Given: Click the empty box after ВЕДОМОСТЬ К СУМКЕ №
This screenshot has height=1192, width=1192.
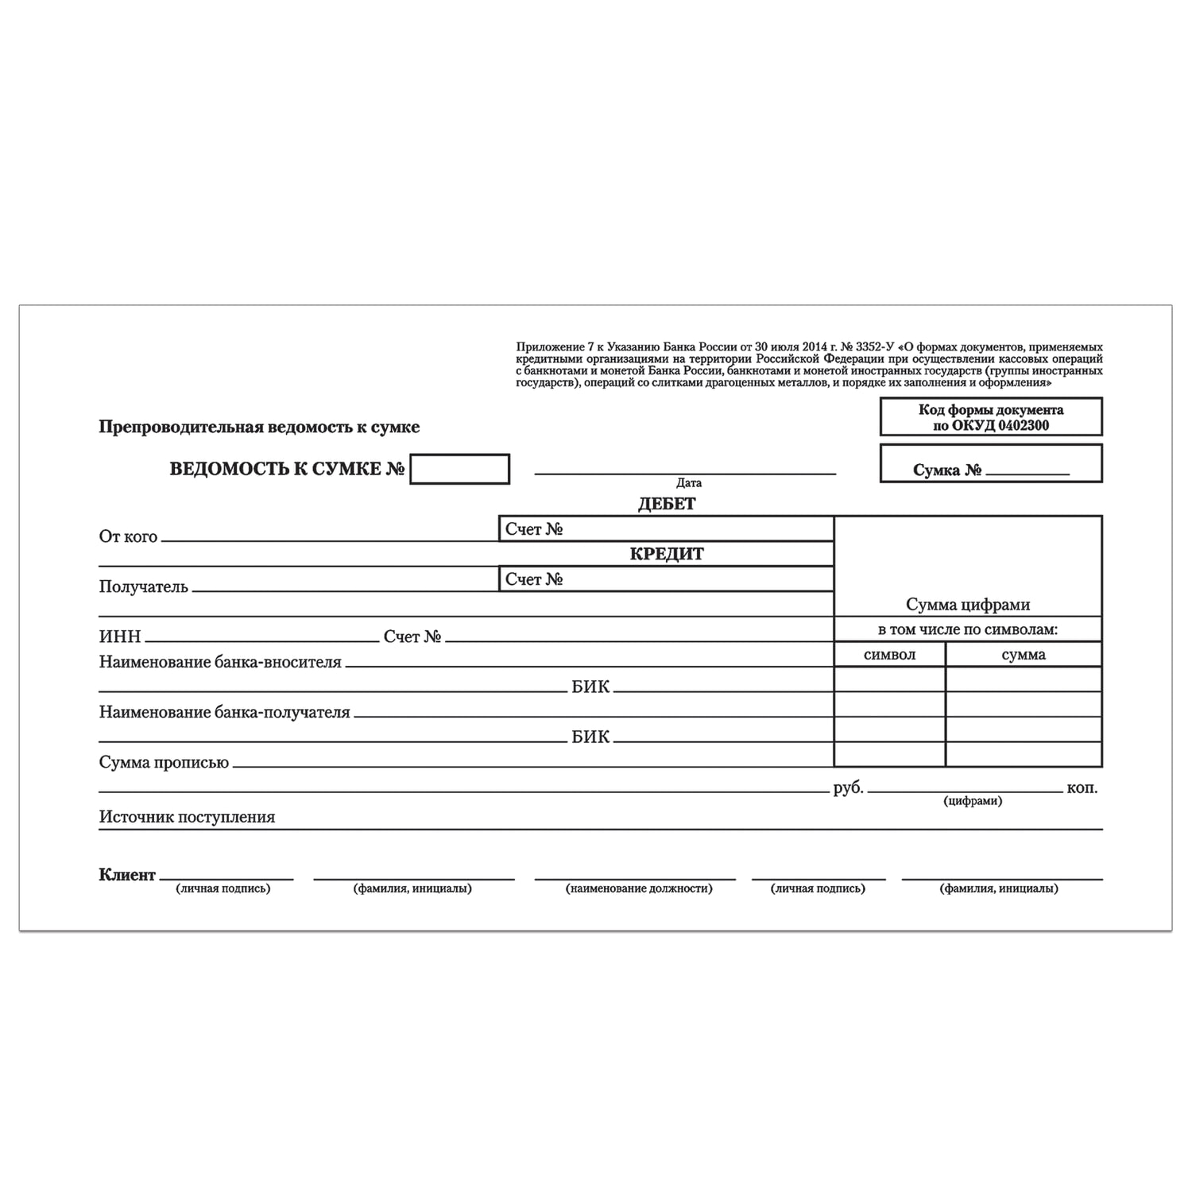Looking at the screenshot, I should (x=459, y=469).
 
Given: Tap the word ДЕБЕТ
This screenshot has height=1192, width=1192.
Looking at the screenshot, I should (x=667, y=504).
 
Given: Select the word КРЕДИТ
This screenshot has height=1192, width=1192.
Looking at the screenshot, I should (x=667, y=554).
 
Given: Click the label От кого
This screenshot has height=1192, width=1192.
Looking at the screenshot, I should (x=128, y=536).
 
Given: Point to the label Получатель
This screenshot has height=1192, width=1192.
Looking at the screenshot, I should (x=143, y=587).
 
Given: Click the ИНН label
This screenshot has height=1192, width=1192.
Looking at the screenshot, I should (x=119, y=637).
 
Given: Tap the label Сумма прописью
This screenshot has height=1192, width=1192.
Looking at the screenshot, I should (x=164, y=762).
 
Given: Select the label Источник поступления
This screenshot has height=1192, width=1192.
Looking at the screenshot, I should (x=187, y=817).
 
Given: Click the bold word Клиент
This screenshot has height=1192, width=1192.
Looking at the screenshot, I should (x=127, y=875).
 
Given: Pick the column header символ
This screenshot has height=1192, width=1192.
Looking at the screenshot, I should (x=889, y=655).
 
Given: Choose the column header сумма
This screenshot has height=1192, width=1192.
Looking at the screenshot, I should (x=1024, y=655).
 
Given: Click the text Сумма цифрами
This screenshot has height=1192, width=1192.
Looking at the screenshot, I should (x=968, y=605).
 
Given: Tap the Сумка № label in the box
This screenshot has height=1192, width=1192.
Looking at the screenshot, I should (x=947, y=470).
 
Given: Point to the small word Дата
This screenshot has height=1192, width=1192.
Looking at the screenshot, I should (x=689, y=482).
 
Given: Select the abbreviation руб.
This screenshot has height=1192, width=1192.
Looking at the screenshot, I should (x=848, y=788).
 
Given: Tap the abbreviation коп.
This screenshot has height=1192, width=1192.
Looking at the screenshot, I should (x=1082, y=788).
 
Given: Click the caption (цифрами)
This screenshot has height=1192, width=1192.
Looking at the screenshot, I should (x=973, y=801).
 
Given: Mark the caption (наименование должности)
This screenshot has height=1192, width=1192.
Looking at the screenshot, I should (x=639, y=888).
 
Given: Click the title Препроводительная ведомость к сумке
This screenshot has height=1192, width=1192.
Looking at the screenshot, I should (x=259, y=427).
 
